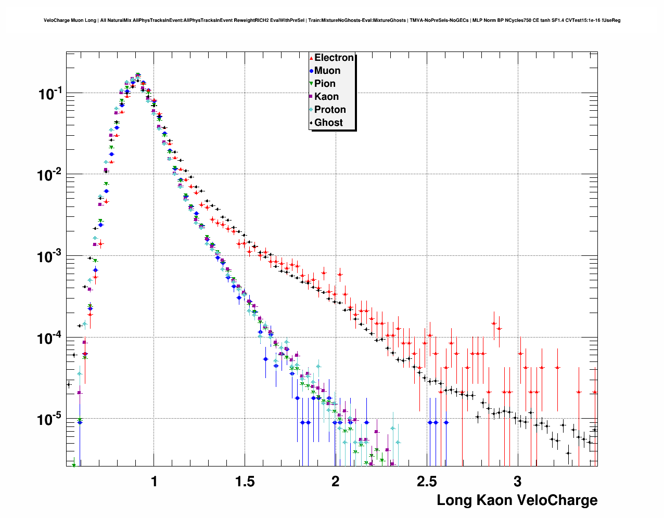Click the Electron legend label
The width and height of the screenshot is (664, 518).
tap(334, 58)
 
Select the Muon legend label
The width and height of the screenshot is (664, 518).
tap(327, 71)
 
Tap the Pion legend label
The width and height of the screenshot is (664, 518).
tap(325, 84)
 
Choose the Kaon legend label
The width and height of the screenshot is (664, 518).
tap(326, 97)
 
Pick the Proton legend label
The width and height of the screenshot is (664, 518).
tap(330, 110)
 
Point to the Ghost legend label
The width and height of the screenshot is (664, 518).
tap(328, 123)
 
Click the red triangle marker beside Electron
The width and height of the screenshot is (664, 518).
tap(311, 58)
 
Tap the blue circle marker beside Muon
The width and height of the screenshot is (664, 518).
tap(311, 71)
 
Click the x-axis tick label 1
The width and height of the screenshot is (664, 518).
tap(154, 482)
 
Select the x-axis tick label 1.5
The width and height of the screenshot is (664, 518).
tap(245, 482)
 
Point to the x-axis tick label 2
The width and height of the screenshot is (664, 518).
tap(336, 482)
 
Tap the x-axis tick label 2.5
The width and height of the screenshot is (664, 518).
tap(427, 482)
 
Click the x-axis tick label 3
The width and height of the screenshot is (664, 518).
tap(517, 482)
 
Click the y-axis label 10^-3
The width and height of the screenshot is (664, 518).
tap(50, 256)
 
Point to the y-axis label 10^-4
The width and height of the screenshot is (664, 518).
tap(50, 338)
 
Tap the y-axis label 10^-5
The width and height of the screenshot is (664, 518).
tap(50, 419)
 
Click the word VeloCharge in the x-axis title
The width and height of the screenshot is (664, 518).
tap(561, 500)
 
